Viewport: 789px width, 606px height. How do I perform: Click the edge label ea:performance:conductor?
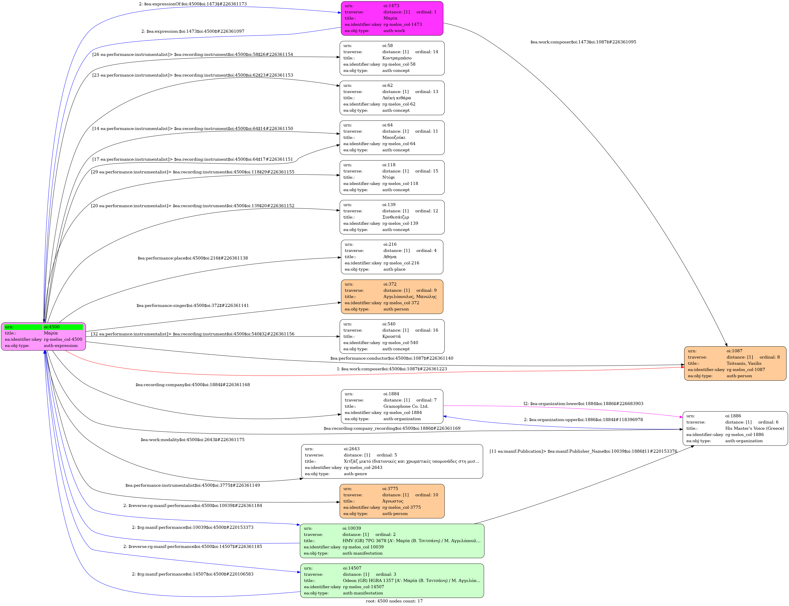pyautogui.click(x=391, y=358)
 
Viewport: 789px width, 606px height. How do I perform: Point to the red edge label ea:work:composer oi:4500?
pyautogui.click(x=392, y=369)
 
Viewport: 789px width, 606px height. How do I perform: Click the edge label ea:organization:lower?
pyautogui.click(x=583, y=404)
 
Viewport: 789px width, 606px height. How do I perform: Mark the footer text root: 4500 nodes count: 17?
pyautogui.click(x=394, y=601)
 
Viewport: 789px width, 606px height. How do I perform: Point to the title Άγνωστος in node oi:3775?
pyautogui.click(x=393, y=501)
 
